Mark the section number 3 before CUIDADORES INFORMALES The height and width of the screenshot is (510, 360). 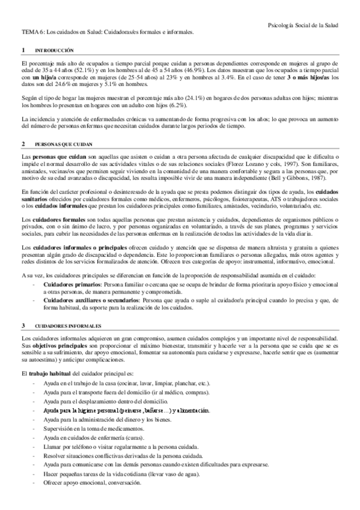23,325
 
